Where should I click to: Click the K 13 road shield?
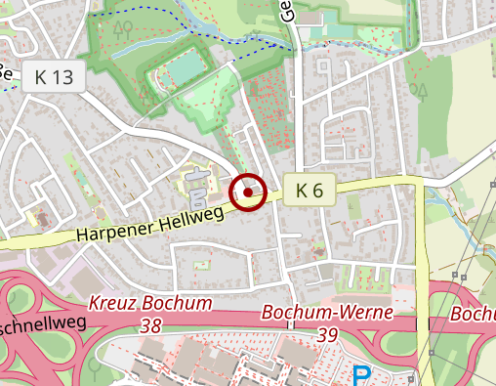(55, 76)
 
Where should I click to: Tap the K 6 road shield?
(310, 190)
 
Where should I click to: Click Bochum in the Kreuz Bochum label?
(181, 304)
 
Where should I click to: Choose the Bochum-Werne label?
(328, 313)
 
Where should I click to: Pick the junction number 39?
(328, 334)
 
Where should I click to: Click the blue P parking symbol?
(363, 375)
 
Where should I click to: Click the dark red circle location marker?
(249, 193)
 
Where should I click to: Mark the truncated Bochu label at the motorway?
(475, 315)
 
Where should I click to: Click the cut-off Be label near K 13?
(5, 71)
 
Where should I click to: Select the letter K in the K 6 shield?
(302, 190)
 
